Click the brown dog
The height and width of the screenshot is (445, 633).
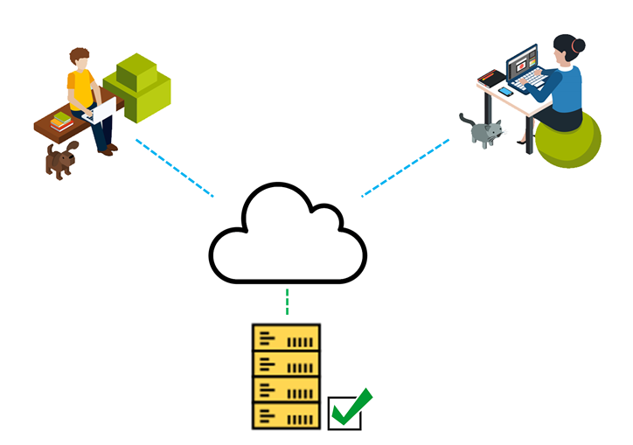(x=60, y=160)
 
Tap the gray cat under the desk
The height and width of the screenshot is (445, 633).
(x=485, y=132)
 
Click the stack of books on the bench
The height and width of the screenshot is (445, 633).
(x=61, y=122)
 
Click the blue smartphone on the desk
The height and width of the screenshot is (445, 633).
(x=506, y=91)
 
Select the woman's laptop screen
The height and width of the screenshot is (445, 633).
(x=523, y=62)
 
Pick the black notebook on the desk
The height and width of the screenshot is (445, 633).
(x=492, y=78)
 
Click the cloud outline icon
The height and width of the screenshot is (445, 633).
(x=287, y=236)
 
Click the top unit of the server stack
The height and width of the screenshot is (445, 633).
(x=285, y=337)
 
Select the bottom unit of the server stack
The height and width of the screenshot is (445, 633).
(x=285, y=415)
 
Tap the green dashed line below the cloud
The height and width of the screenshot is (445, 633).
(x=287, y=302)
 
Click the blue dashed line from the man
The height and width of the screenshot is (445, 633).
(x=175, y=167)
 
